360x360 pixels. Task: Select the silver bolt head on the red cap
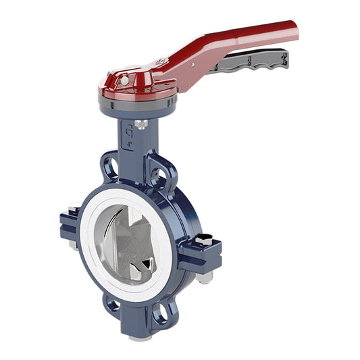[124, 80]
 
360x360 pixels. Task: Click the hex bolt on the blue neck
[140, 124]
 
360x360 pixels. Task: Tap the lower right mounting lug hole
[162, 313]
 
